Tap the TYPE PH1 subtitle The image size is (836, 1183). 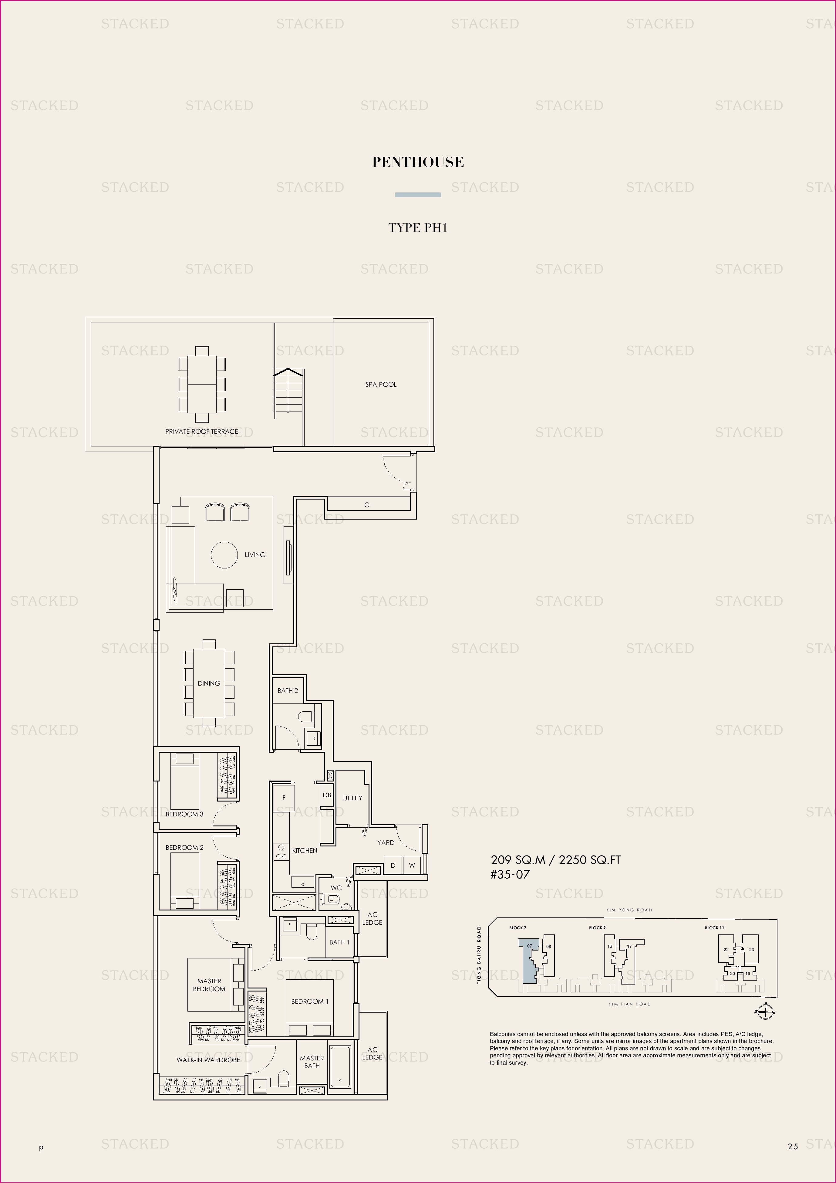tap(418, 228)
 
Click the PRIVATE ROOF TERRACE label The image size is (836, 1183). tap(202, 431)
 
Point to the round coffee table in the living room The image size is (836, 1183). tap(224, 555)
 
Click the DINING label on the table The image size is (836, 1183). tap(209, 683)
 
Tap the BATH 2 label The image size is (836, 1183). tap(288, 690)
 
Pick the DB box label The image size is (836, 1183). tap(327, 795)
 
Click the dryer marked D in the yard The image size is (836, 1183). tap(393, 865)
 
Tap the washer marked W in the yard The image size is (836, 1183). tap(412, 865)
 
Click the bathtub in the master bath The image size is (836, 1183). tap(340, 1069)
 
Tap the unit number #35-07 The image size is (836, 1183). tap(510, 874)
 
